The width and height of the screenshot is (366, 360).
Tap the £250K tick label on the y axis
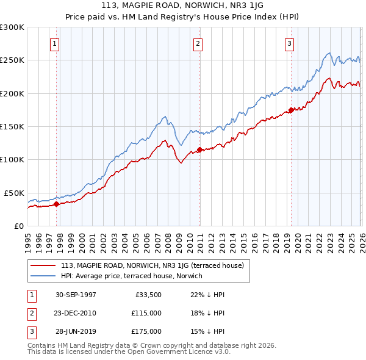pos(12,60)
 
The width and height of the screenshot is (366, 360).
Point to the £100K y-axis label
pos(12,159)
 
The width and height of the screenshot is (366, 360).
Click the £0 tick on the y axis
pos(18,226)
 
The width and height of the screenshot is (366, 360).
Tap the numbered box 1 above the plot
pos(55,43)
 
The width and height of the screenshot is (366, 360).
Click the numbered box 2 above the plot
pos(198,43)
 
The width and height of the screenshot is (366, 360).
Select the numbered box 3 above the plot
pos(289,43)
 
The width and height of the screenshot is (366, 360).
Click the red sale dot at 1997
pos(57,204)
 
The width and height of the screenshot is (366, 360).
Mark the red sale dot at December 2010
pos(199,150)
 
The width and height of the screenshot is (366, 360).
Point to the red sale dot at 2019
pos(291,110)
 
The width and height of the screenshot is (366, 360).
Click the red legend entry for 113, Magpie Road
pos(152,265)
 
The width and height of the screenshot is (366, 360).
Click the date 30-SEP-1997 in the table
pos(76,295)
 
